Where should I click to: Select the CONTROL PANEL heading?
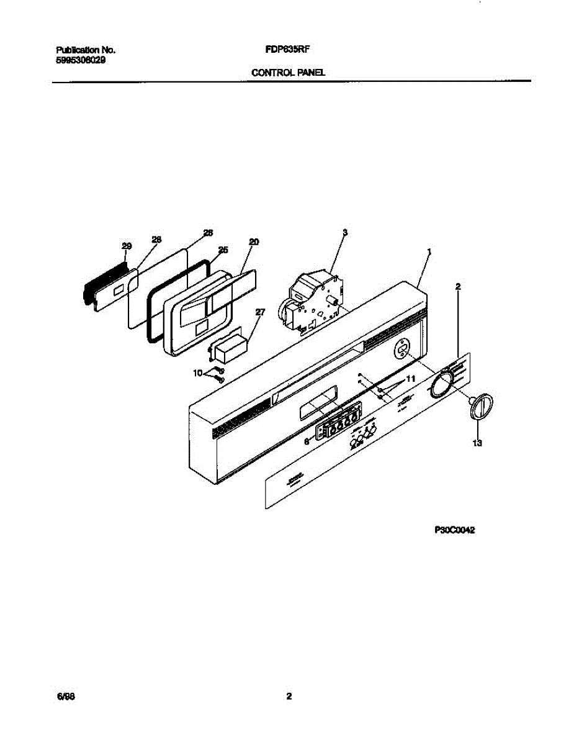[x=288, y=73]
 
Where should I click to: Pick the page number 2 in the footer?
[x=289, y=696]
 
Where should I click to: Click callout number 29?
[x=127, y=246]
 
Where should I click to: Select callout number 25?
[x=223, y=250]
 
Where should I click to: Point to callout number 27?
[x=260, y=312]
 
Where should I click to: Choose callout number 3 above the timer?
[x=345, y=232]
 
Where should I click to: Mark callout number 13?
[x=477, y=443]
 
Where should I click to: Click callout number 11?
[x=410, y=378]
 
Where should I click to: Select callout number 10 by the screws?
[x=198, y=372]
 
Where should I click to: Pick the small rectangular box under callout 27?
[x=231, y=350]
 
